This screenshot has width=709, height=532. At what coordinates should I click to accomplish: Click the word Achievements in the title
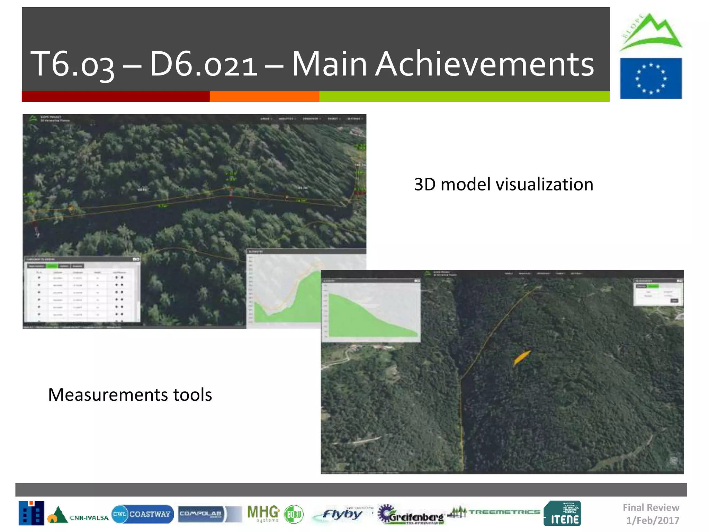coord(485,64)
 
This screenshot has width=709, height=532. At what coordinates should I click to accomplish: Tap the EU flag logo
coord(651,79)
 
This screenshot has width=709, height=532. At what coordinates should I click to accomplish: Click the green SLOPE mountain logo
coord(651,33)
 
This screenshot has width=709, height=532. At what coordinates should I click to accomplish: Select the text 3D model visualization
coord(503,184)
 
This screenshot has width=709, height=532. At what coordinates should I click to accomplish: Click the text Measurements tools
coord(130,395)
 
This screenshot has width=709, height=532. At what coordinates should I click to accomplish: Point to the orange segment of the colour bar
coord(264,96)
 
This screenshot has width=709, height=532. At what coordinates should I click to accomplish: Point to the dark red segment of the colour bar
coord(115,96)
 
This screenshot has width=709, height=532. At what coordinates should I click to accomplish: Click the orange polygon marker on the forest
coord(522,357)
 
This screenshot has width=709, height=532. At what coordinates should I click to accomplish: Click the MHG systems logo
coord(263,514)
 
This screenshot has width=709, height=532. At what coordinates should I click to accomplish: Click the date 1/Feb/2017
coord(653,520)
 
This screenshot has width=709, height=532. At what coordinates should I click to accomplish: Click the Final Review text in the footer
coord(651,507)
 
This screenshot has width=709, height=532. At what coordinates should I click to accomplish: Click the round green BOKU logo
coord(294,514)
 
